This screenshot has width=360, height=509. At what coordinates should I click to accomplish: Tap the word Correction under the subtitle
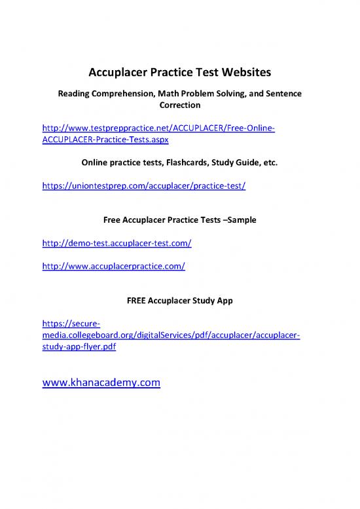click(x=179, y=104)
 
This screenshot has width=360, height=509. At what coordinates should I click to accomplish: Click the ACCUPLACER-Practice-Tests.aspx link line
click(x=105, y=140)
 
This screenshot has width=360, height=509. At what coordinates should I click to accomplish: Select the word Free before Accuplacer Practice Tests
click(x=114, y=221)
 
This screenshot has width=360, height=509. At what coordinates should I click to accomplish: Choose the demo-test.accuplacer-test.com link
click(x=116, y=243)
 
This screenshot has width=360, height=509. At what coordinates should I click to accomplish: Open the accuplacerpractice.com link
click(x=113, y=266)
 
